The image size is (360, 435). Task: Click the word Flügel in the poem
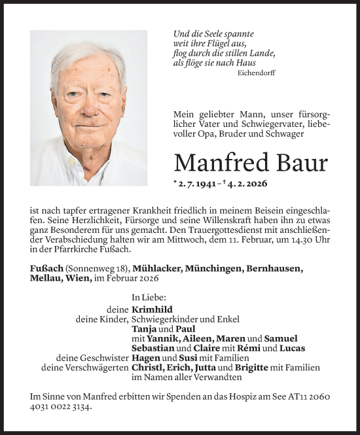click(x=213, y=43)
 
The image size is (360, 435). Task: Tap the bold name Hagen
click(x=145, y=358)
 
